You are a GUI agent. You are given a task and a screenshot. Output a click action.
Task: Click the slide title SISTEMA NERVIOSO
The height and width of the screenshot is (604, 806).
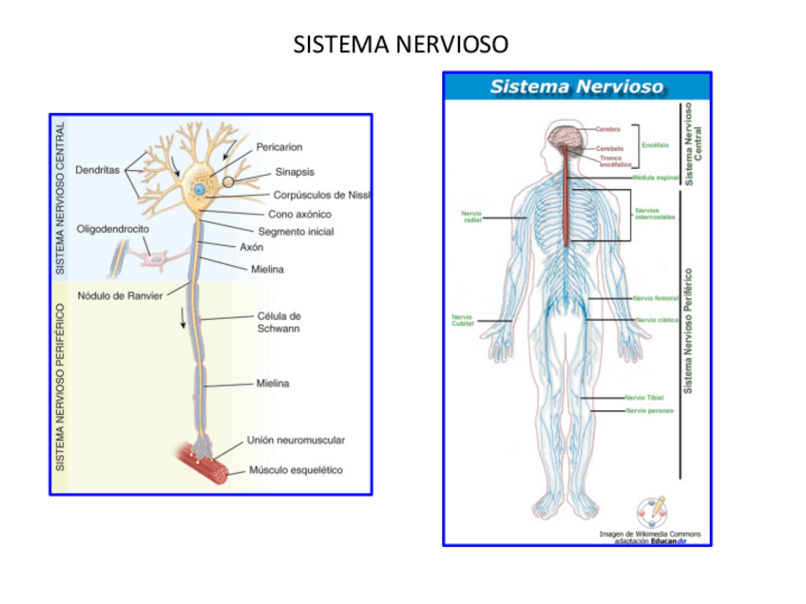pos(400,45)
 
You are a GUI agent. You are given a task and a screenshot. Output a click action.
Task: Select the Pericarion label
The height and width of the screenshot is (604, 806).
pos(278,147)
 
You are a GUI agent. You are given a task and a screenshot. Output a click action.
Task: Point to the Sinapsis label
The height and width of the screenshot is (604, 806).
pos(295,172)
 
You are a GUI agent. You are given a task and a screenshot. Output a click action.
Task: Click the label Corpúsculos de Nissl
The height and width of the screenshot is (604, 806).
pos(321,195)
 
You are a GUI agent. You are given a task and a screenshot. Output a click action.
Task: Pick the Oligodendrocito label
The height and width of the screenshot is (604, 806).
pos(112,229)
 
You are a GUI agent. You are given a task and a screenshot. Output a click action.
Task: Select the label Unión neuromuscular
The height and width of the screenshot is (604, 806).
pos(296,440)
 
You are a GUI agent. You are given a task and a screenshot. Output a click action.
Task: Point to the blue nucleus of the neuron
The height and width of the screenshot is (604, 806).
pos(199,190)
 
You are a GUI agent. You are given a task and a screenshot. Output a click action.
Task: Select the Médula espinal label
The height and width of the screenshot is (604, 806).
pos(655,178)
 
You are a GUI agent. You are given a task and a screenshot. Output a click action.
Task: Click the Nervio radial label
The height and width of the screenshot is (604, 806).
pos(471,217)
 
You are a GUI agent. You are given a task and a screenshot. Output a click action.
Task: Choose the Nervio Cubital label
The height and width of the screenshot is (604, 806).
pos(463,320)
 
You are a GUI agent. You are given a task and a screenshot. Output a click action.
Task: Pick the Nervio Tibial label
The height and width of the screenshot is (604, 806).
pos(644,397)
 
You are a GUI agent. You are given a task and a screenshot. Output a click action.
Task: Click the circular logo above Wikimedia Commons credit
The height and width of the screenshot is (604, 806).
pos(651,512)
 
